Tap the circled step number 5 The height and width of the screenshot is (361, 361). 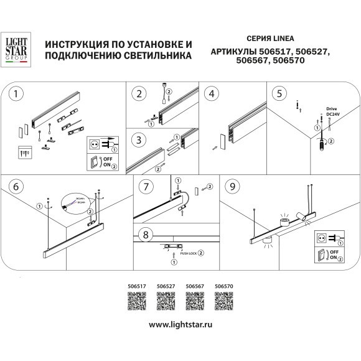click(282, 94)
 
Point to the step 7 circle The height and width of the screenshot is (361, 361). click(144, 185)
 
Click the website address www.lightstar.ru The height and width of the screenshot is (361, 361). click(180, 324)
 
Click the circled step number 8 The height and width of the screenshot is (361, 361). click(145, 236)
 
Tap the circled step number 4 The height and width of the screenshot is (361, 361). click(212, 94)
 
